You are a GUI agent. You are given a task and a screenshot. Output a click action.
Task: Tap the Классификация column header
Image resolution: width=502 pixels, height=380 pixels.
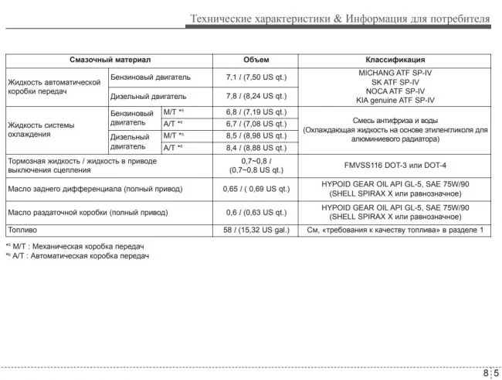395,60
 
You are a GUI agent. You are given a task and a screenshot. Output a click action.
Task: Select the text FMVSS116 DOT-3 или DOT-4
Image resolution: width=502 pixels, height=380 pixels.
395,166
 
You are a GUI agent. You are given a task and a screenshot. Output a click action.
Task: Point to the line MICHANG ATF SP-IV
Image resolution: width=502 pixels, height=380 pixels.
395,72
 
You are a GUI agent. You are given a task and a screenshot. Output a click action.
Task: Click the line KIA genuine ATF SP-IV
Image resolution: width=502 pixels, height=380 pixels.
395,101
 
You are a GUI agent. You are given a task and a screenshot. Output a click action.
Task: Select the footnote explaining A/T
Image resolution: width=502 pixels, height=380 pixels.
76,255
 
